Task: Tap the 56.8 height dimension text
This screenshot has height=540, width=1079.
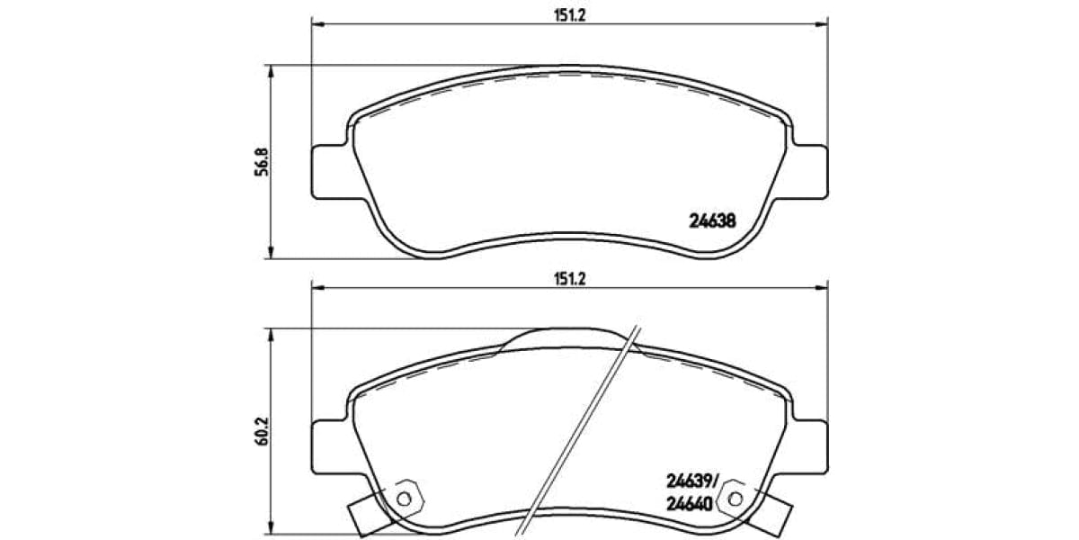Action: click(262, 163)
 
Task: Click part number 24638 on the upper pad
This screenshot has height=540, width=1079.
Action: click(712, 218)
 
